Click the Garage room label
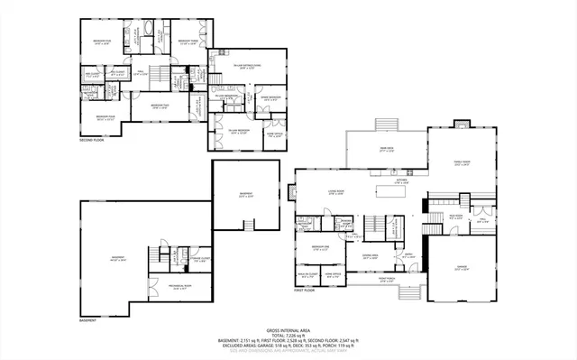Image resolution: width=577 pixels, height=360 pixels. (462, 268)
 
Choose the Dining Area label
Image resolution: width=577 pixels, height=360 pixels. (370, 256)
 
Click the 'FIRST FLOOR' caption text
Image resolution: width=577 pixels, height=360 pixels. (304, 291)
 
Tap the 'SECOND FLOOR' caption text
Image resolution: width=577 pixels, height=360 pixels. (92, 141)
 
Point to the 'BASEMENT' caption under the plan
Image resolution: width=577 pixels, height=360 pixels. (87, 319)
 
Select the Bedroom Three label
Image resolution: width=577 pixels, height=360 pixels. (188, 42)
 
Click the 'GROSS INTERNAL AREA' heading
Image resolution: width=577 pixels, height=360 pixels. (288, 332)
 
